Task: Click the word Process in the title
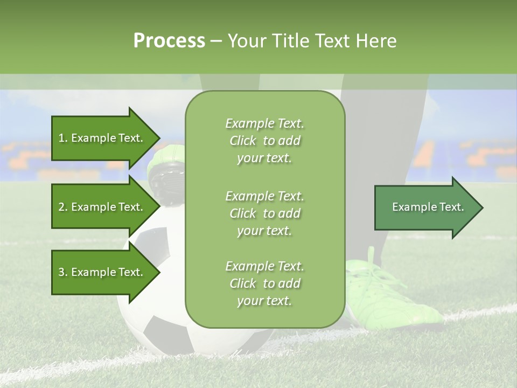[169, 40]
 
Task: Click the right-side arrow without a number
[425, 207]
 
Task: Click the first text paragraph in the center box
[264, 141]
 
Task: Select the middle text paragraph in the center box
[264, 213]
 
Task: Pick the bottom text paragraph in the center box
[264, 283]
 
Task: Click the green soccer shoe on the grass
[393, 296]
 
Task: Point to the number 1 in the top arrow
[61, 138]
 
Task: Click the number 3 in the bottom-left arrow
[61, 272]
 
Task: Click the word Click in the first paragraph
[243, 141]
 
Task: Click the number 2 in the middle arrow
[61, 207]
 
